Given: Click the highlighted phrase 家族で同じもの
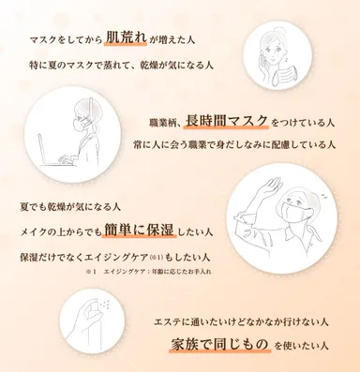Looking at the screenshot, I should click(x=222, y=344).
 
